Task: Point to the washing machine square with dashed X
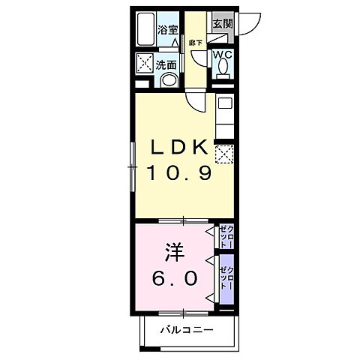[x=144, y=64]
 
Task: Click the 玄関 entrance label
[x=222, y=23]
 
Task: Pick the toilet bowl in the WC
[x=223, y=69]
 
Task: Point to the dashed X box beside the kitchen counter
[x=223, y=154]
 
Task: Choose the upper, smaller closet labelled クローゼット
[x=226, y=236]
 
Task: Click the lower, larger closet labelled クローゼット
[x=226, y=278]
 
